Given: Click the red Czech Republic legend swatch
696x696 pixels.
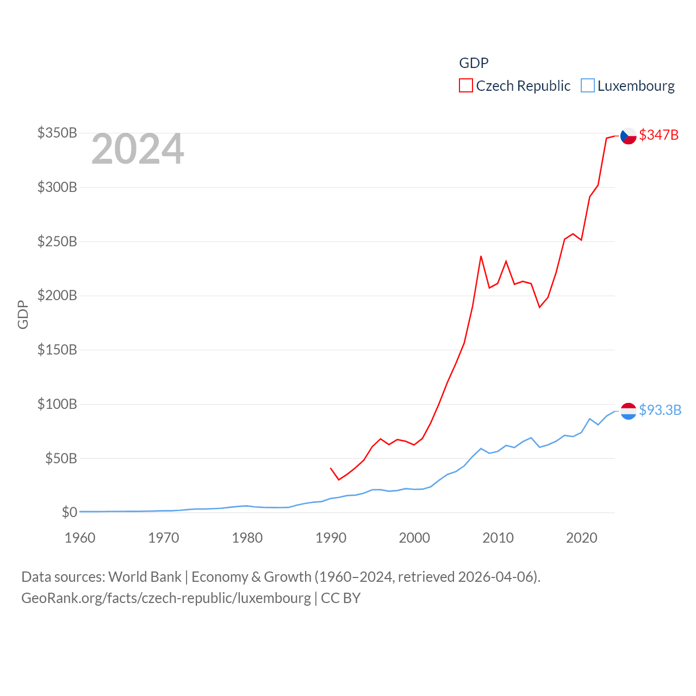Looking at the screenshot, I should click(466, 86).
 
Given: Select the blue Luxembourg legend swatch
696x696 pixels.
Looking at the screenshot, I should click(588, 86).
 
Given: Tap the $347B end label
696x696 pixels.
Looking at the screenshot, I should click(658, 135).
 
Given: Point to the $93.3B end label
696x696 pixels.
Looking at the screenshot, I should click(660, 410).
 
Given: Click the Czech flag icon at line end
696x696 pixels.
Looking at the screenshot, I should click(629, 136).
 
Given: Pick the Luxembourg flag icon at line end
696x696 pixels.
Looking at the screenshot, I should click(629, 411).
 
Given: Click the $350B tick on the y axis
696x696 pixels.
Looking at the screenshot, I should click(57, 133).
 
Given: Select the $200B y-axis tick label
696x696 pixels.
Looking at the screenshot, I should click(57, 296).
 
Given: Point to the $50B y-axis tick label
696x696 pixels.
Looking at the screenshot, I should click(60, 458).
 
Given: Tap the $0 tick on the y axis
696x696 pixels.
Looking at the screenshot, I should click(69, 512).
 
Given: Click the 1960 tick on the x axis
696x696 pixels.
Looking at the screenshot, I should click(80, 538).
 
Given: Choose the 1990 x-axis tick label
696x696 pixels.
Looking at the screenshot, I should click(331, 538).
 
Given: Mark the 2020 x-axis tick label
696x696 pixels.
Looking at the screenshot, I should click(582, 538).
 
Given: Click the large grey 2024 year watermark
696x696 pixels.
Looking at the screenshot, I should click(138, 150).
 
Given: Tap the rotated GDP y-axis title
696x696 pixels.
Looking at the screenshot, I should click(23, 314).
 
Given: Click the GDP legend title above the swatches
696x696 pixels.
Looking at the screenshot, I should click(474, 63).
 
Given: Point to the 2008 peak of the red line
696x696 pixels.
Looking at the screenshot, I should click(481, 256).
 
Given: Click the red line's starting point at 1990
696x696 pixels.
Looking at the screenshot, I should click(331, 468).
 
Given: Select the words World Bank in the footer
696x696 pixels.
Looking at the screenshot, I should click(145, 577).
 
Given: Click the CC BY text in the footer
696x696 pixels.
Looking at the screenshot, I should click(341, 598).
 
